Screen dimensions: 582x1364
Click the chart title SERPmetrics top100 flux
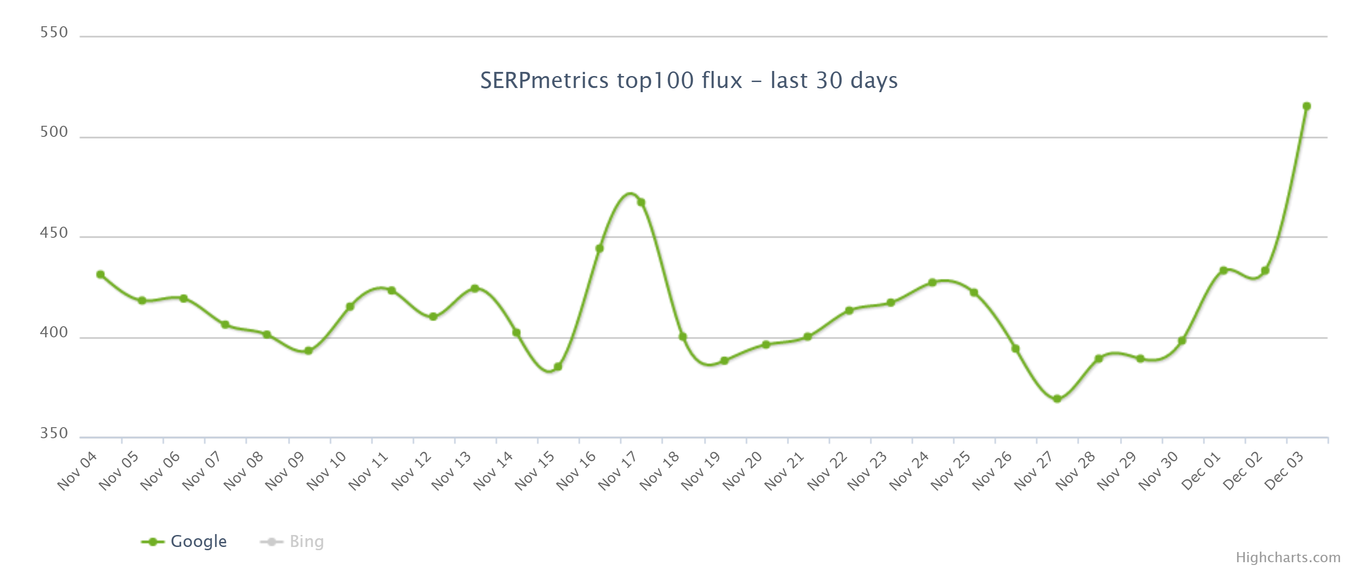688,81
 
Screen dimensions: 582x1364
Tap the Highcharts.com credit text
1288,557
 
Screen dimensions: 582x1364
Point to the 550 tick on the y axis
54,32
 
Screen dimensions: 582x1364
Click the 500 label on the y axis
54,132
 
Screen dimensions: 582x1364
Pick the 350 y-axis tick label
54,433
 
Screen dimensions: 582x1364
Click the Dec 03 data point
1306,106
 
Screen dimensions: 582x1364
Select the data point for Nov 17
641,202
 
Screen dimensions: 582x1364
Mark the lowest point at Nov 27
1057,399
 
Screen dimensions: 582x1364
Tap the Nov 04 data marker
100,274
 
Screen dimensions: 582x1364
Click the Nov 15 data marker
557,366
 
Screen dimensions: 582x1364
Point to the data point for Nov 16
599,248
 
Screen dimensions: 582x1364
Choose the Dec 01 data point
1223,270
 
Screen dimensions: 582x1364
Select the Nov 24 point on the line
932,282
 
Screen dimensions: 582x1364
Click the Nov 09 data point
308,351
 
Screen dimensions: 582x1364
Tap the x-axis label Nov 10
326,471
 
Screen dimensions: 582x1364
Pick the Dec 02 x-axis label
1242,471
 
